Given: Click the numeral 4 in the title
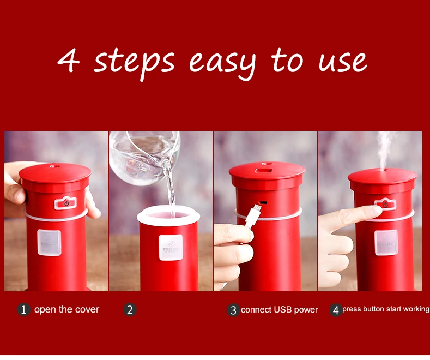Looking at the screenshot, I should [69, 61].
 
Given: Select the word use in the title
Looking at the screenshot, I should [342, 62].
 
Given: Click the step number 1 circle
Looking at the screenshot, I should [23, 310].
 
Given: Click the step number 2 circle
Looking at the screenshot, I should [130, 310].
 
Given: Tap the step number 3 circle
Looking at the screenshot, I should [233, 310].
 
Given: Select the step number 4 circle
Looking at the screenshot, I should [336, 310].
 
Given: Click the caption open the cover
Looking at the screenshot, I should [66, 310].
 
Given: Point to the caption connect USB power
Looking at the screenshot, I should [279, 310].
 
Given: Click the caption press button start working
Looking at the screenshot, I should [385, 309].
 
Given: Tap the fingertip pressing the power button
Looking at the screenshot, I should [376, 210].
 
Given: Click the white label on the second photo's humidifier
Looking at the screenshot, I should [170, 248].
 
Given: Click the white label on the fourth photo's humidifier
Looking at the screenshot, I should [386, 243].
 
